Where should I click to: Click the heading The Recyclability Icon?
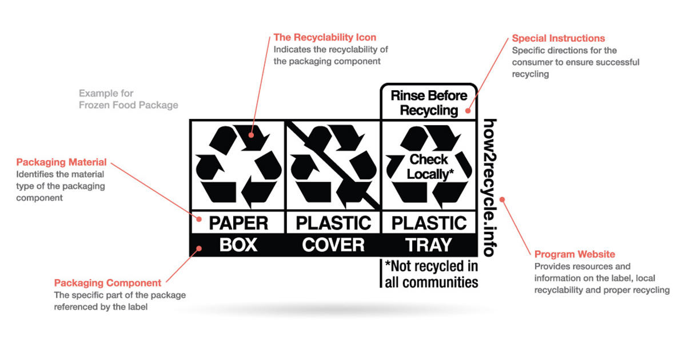click(x=325, y=37)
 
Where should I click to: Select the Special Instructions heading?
click(x=559, y=38)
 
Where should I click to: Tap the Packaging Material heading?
click(x=61, y=162)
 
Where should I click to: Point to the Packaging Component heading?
click(x=107, y=283)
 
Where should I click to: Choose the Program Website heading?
click(x=575, y=254)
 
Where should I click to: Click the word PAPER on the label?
click(x=238, y=223)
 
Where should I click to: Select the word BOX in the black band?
click(x=238, y=245)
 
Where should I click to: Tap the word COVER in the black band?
click(x=333, y=245)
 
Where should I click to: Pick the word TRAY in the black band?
click(x=429, y=245)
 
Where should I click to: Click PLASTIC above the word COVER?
click(x=333, y=223)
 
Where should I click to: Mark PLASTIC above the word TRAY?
click(x=429, y=223)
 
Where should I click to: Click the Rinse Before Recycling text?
click(x=429, y=103)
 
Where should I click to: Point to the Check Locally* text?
click(x=430, y=167)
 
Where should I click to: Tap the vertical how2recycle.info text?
click(x=490, y=188)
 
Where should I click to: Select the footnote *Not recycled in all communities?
click(x=431, y=274)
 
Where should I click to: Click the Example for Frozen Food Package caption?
click(x=128, y=99)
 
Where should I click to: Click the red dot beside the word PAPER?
click(x=199, y=219)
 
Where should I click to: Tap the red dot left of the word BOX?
click(x=199, y=248)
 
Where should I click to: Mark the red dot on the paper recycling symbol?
click(x=251, y=135)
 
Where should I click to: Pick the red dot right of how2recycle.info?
click(x=502, y=199)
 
